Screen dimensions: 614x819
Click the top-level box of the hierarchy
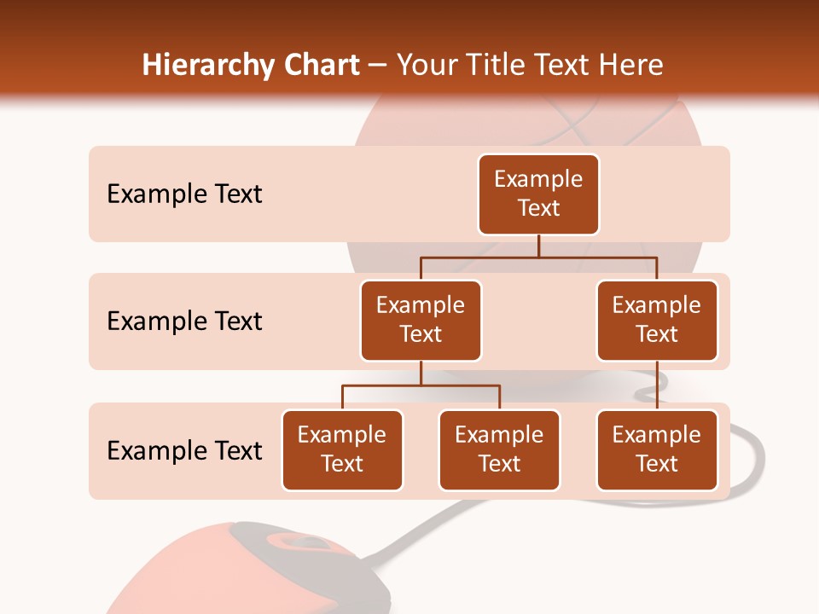pyautogui.click(x=538, y=194)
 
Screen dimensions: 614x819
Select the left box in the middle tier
pyautogui.click(x=421, y=320)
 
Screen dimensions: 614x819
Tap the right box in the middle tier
pyautogui.click(x=657, y=320)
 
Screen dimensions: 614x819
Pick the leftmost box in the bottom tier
pyautogui.click(x=342, y=449)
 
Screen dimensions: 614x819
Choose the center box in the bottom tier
pyautogui.click(x=499, y=449)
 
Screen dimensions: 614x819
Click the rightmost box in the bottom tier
pyautogui.click(x=657, y=449)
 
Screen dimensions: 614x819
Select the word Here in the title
pyautogui.click(x=631, y=66)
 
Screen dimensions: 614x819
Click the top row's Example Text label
pyautogui.click(x=184, y=194)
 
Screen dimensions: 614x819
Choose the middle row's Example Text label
pyautogui.click(x=184, y=321)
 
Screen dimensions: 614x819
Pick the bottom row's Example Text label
pyautogui.click(x=184, y=450)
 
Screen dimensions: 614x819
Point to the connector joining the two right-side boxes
pyautogui.click(x=657, y=385)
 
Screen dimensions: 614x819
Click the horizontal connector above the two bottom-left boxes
pyautogui.click(x=421, y=385)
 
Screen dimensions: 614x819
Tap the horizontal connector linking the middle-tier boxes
pyautogui.click(x=538, y=256)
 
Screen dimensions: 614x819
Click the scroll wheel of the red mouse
pyautogui.click(x=290, y=542)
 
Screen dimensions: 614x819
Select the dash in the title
pyautogui.click(x=378, y=66)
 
